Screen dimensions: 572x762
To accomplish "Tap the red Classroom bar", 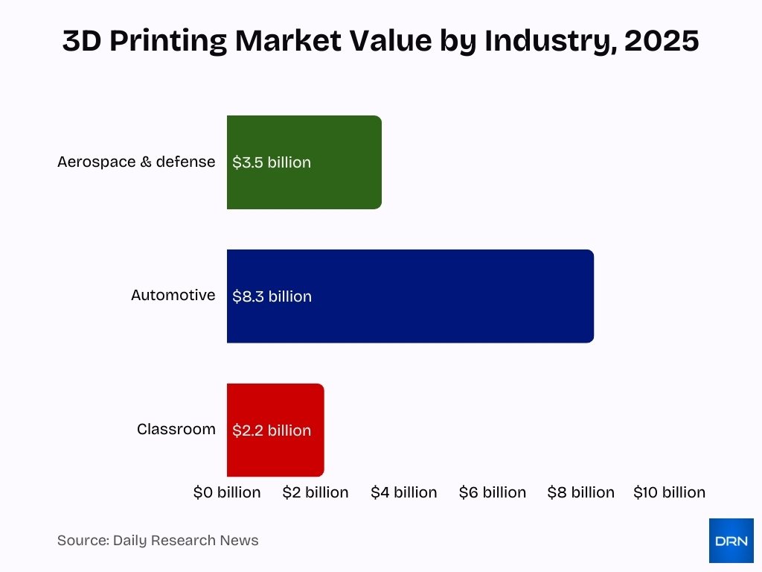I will click(x=316, y=430).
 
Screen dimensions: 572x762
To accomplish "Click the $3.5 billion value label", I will click(x=272, y=162).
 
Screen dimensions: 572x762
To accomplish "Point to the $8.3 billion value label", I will click(x=272, y=296).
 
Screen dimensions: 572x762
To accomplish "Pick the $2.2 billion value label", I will click(x=272, y=430).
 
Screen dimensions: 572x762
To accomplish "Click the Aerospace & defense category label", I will click(x=136, y=162).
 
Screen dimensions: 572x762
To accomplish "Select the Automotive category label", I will click(x=173, y=295).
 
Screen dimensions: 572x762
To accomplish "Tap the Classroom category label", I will click(x=176, y=429).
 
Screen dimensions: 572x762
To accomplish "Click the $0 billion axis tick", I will click(x=227, y=492).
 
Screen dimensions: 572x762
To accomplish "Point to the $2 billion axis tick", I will click(x=316, y=492).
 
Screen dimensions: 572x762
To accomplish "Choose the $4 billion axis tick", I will click(x=404, y=492).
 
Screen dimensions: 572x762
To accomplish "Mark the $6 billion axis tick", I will click(x=493, y=492).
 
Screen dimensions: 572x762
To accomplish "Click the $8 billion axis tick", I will click(x=581, y=492).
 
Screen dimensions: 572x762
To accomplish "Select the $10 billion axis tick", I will click(x=669, y=492).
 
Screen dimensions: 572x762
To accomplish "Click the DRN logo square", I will click(x=731, y=541).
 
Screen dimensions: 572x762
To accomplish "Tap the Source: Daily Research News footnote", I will click(x=158, y=541).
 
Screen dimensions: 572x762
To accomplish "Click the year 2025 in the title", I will click(x=662, y=42).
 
